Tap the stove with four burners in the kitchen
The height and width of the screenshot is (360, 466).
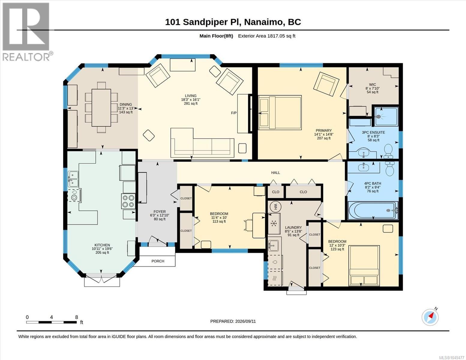[128, 201]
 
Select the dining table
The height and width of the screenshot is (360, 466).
[101, 108]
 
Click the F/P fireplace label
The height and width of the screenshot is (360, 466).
[234, 113]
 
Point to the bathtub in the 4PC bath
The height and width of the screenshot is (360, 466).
[373, 211]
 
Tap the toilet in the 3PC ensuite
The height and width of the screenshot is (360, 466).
[388, 151]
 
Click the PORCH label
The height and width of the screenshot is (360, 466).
[158, 261]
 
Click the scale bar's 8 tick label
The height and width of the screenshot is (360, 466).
[77, 317]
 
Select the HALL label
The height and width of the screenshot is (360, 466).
[275, 172]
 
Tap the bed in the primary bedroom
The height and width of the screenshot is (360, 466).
[280, 112]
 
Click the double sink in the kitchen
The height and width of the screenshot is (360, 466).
[73, 179]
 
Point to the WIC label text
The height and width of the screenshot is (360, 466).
[372, 85]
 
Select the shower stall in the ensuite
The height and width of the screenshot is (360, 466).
[386, 116]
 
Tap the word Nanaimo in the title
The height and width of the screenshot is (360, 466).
[263, 22]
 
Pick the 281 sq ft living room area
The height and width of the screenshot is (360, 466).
[191, 103]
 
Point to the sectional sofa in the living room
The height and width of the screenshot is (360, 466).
[202, 143]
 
